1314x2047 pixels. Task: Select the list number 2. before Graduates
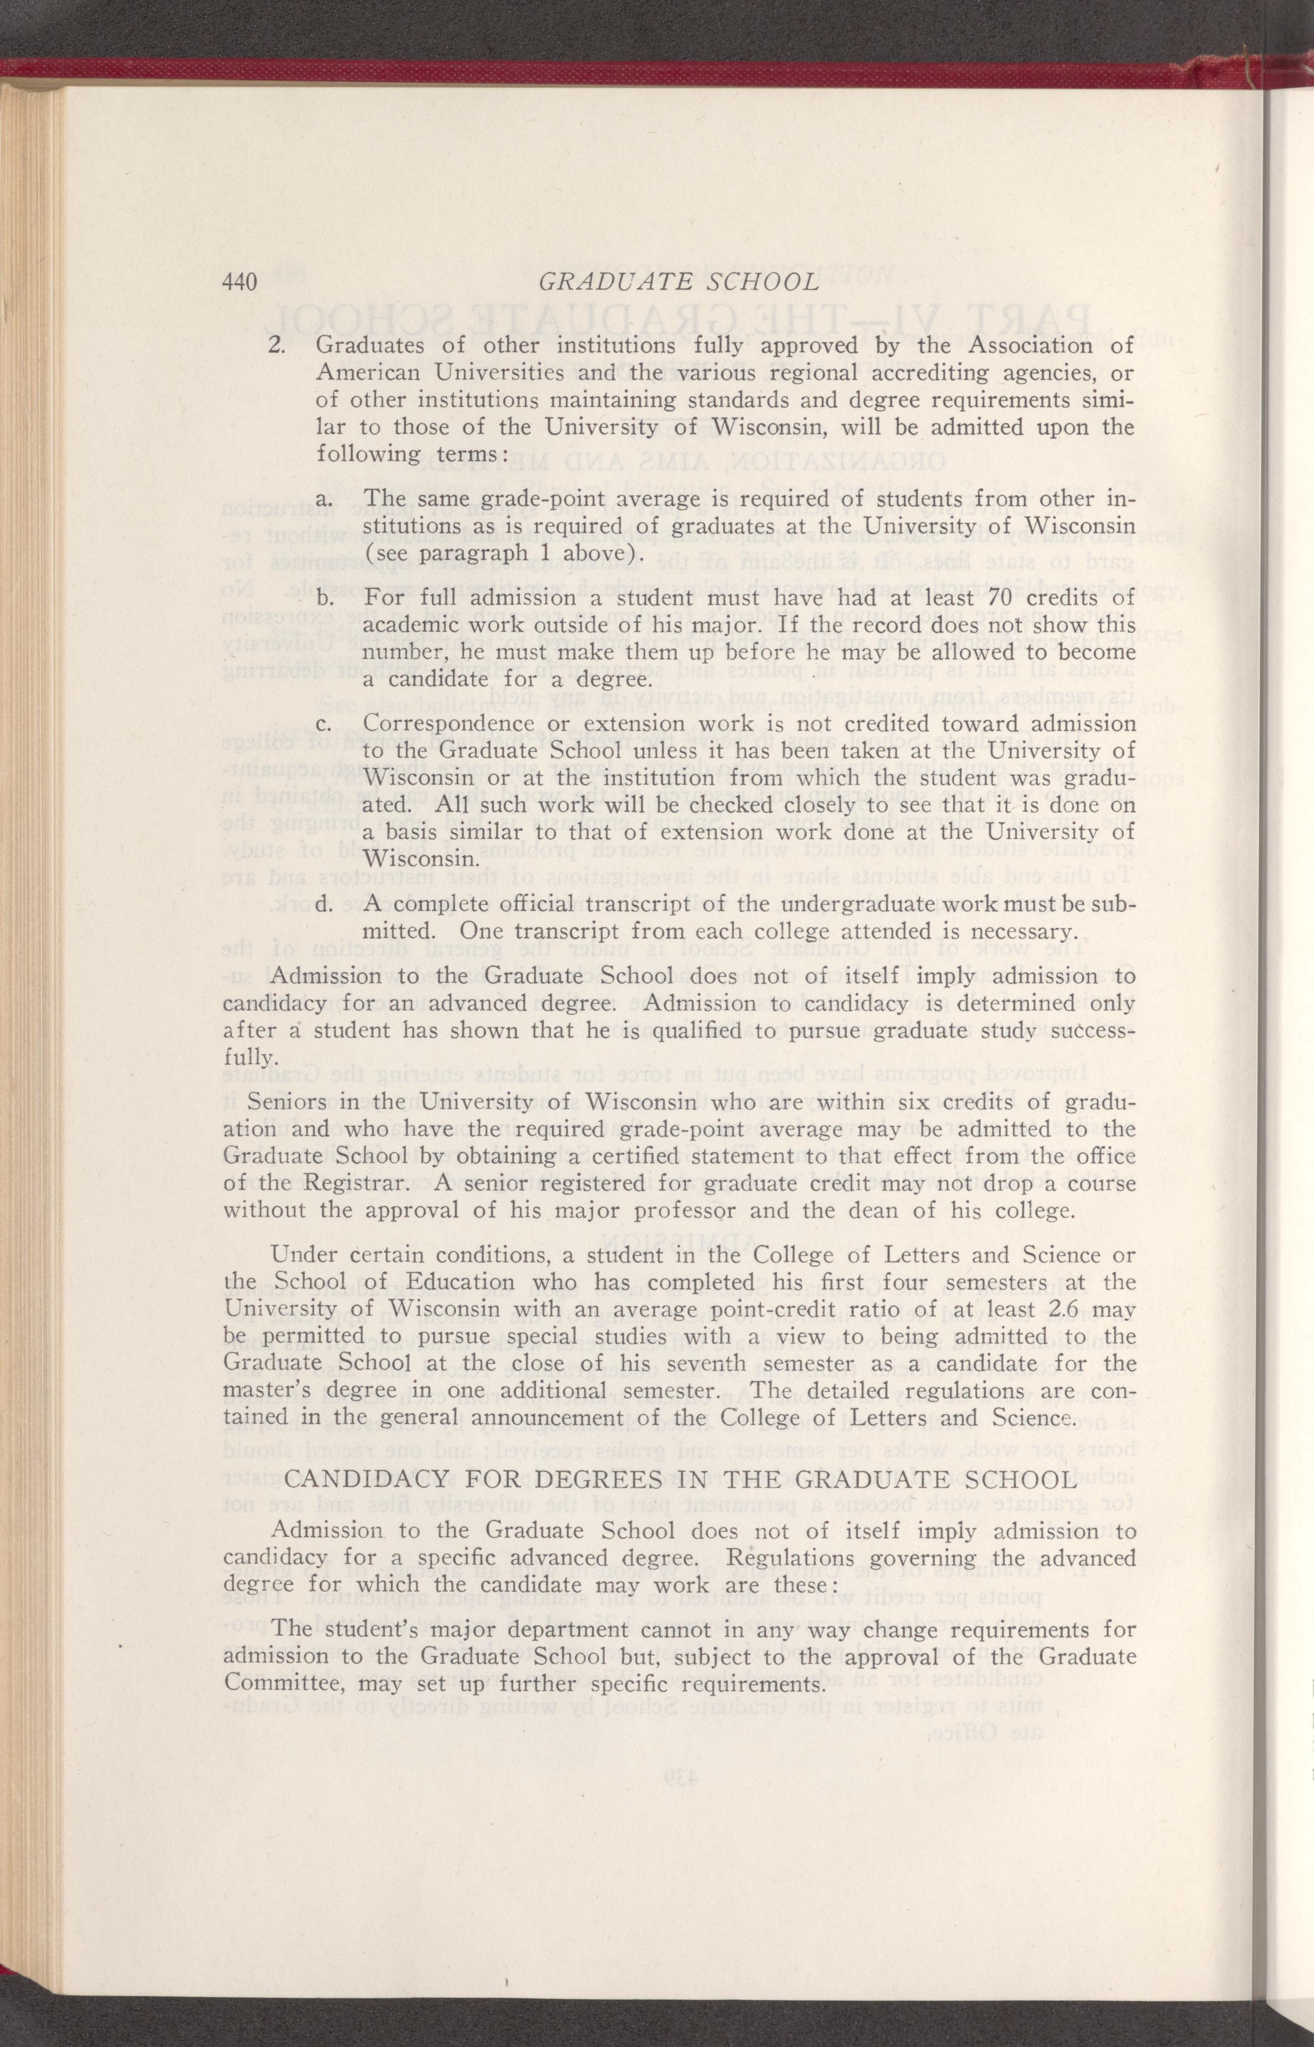(276, 346)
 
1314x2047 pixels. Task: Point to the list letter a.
(324, 498)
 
